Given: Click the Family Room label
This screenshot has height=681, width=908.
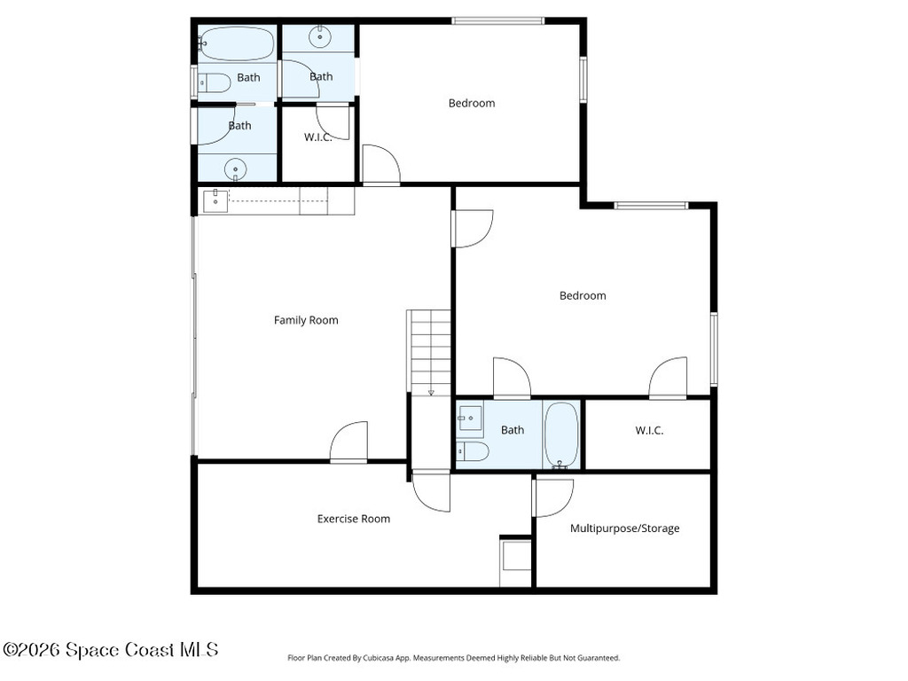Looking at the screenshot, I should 306,320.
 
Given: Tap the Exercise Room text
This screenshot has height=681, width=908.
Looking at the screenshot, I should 354,519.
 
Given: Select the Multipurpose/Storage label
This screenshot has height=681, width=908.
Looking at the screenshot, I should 624,528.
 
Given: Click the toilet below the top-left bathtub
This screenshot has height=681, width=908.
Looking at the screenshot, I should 215,83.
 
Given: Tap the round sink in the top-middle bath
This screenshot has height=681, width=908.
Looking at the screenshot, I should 319,37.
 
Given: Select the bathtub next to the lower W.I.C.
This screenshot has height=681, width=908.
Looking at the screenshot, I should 561,434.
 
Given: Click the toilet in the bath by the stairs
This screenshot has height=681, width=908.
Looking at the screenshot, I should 474,452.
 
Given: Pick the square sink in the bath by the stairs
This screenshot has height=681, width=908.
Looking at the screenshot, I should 469,416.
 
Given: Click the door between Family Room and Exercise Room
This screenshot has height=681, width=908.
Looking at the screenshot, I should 348,442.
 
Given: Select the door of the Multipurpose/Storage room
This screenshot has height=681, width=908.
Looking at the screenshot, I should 552,497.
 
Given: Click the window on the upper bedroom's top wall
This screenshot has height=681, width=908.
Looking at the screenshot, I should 497,20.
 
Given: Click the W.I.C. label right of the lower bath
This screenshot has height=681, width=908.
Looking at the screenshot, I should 649,431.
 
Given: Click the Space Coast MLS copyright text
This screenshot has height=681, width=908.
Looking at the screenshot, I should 110,650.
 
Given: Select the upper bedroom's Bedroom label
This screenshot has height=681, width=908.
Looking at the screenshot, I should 471,103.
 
